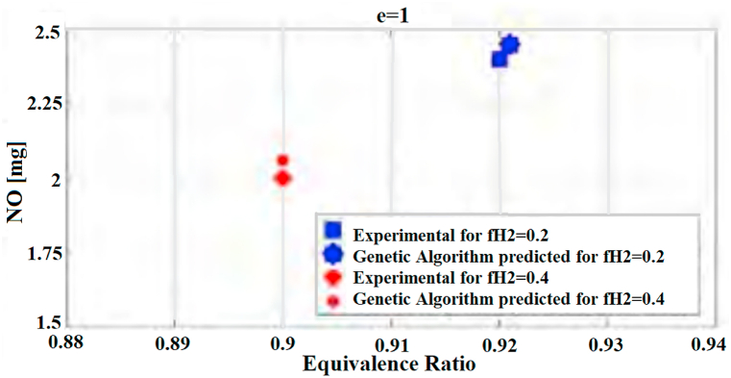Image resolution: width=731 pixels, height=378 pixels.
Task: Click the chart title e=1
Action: (x=387, y=12)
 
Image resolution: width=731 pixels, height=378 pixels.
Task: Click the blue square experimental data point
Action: (x=500, y=59)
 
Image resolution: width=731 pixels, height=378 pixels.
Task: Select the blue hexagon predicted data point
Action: (x=510, y=44)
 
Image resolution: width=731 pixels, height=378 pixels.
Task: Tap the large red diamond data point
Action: (x=282, y=178)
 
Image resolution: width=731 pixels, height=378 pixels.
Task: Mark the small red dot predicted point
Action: (x=282, y=160)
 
